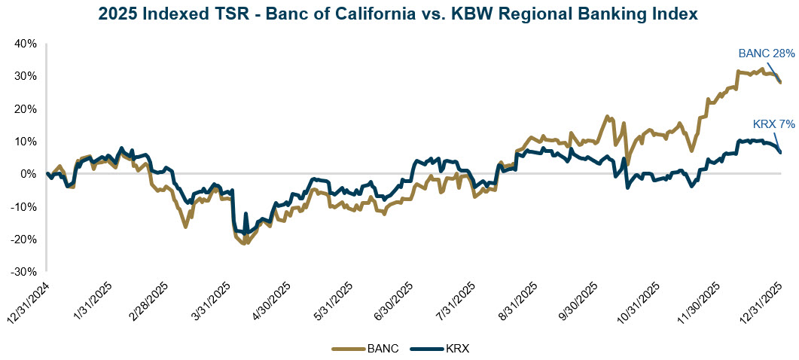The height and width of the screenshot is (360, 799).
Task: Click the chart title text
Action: click(x=399, y=13)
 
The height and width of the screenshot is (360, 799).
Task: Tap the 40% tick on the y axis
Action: click(x=26, y=44)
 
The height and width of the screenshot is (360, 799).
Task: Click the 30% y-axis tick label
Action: click(x=26, y=76)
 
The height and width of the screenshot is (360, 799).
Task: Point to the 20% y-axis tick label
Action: click(x=26, y=108)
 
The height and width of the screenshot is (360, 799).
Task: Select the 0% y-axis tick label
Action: click(x=29, y=174)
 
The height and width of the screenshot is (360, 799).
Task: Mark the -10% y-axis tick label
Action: click(x=24, y=206)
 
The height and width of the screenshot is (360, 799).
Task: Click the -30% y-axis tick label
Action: click(x=24, y=271)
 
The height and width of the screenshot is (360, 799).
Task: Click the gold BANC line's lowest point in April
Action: click(x=243, y=244)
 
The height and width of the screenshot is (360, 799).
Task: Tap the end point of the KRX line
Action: click(x=781, y=152)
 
